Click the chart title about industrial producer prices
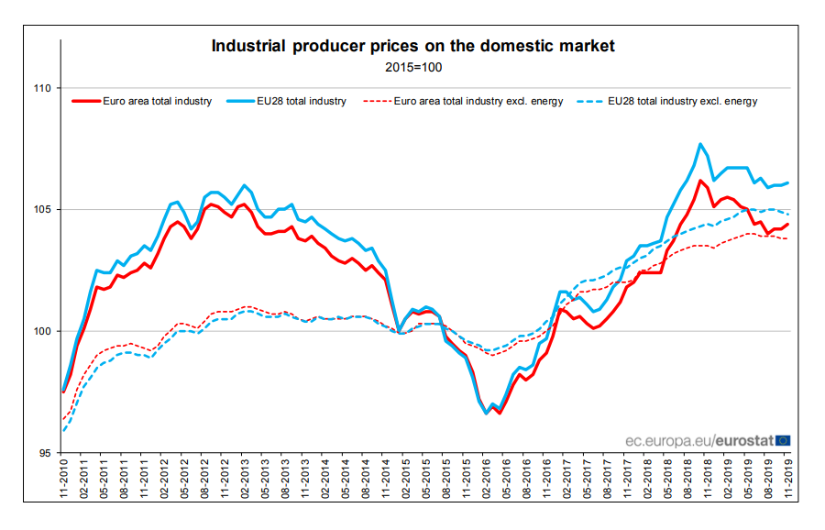(x=412, y=46)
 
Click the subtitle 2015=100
(x=412, y=67)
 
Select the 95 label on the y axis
(x=43, y=453)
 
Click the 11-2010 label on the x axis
(x=62, y=482)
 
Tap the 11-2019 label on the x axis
(x=788, y=482)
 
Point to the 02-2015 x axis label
(x=405, y=482)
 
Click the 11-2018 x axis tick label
(x=708, y=482)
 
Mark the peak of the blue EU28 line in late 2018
(x=700, y=144)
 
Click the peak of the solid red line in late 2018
(x=700, y=180)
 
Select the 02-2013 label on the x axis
(x=244, y=482)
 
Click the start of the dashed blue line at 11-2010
(x=62, y=430)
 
